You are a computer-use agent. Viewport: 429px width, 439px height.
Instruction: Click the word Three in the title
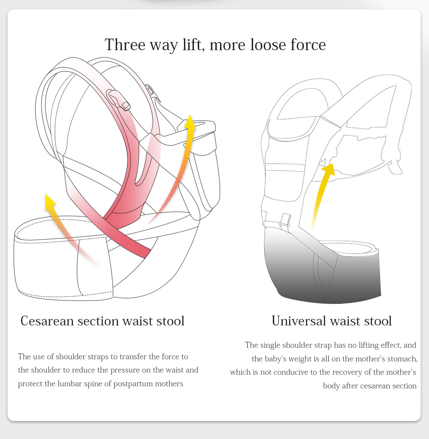(125, 45)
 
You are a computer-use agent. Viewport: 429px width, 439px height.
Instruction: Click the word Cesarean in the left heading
(47, 321)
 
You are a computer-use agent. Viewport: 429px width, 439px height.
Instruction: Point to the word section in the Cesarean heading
(98, 321)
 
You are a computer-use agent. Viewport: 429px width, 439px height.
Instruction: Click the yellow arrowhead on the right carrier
(329, 169)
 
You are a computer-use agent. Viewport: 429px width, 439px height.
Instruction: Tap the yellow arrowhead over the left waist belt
(50, 201)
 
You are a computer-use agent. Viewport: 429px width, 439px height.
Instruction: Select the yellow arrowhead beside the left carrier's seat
(190, 122)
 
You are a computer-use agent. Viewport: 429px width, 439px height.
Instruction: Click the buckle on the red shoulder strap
(118, 100)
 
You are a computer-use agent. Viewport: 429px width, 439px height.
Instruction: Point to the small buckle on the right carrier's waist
(285, 220)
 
